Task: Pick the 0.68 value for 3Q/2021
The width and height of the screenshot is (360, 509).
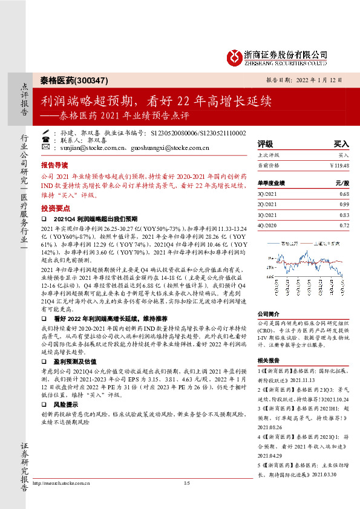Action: tap(344, 194)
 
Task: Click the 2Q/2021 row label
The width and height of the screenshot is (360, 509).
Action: tap(267, 205)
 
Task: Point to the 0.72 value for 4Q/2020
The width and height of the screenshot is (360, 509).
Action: tap(344, 225)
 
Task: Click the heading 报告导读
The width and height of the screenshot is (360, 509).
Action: tap(54, 164)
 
